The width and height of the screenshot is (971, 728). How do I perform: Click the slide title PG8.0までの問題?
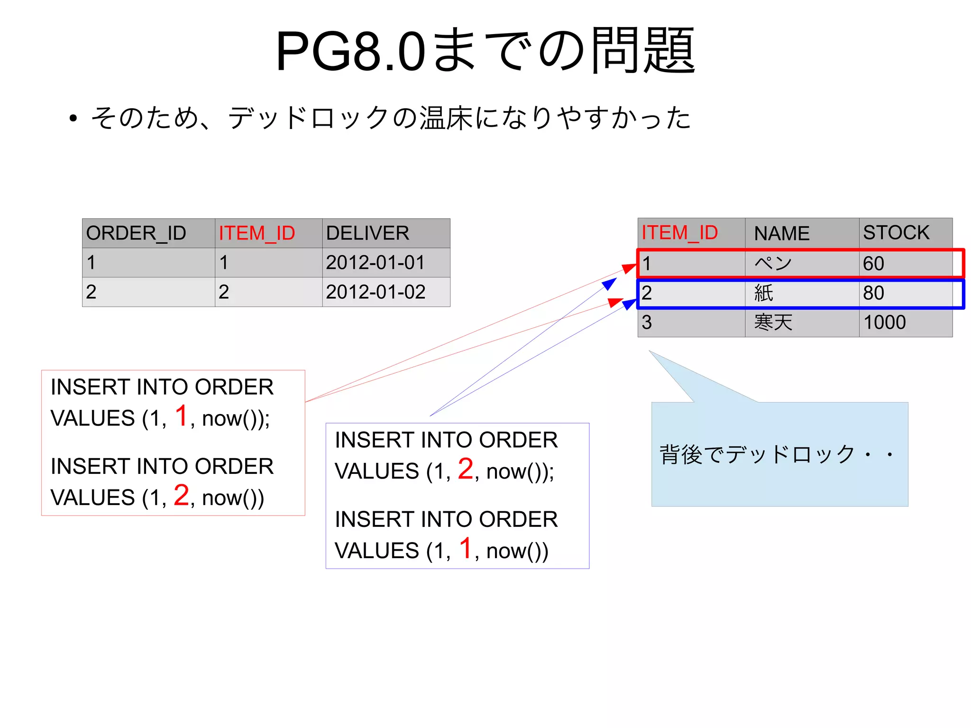click(485, 50)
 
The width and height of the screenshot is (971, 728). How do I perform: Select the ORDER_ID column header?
click(136, 233)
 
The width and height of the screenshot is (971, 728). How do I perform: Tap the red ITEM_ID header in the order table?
click(257, 233)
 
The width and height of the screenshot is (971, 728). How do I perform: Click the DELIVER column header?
click(367, 233)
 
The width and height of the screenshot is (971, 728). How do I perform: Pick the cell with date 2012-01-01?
click(376, 263)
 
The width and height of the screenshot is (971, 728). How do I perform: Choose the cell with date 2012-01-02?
click(376, 292)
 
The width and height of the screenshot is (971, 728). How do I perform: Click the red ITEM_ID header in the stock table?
click(679, 233)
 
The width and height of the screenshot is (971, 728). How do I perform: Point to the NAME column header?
click(782, 233)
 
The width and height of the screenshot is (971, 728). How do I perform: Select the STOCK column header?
click(896, 232)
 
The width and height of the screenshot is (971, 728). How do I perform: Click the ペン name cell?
click(773, 264)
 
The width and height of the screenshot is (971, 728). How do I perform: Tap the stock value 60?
click(873, 264)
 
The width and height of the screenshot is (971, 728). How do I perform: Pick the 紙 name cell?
click(764, 293)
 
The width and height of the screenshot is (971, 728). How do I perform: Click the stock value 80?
click(873, 293)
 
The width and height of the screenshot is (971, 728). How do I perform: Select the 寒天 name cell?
click(773, 323)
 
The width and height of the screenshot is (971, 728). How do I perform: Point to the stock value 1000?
click(885, 323)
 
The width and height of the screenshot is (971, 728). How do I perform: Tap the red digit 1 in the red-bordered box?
click(182, 416)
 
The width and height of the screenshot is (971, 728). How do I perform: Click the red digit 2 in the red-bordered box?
click(182, 495)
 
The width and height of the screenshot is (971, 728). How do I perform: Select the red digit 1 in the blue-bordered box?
click(466, 548)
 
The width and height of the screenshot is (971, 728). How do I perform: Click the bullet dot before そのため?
click(73, 118)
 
